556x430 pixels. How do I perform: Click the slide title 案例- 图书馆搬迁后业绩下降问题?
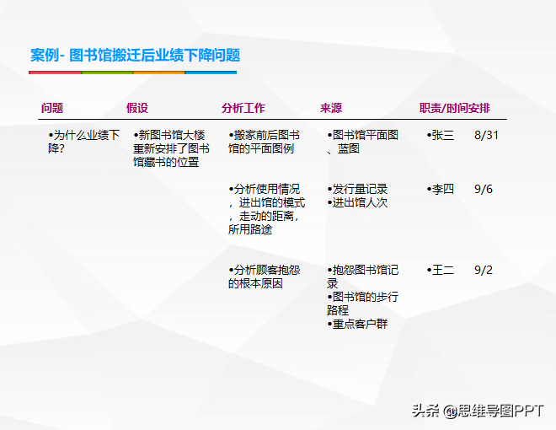135,56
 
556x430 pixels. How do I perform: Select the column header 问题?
52,108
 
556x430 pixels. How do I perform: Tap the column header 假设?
137,108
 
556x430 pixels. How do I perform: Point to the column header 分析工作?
243,108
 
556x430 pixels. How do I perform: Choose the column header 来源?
331,108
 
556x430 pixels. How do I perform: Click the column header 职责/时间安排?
455,108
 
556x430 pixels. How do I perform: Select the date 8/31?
487,135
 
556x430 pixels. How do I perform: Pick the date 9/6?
484,189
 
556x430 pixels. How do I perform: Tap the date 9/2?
484,270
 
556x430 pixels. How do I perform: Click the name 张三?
443,135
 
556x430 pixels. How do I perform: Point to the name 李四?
443,189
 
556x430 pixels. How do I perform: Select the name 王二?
443,270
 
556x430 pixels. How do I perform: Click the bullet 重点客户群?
357,324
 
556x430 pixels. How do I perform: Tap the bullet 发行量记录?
357,189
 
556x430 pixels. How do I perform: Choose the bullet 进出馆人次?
357,202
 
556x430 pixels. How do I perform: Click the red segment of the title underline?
55,73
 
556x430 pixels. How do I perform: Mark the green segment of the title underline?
107,73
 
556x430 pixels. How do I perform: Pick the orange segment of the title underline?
159,73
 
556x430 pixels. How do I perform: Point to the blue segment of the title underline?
211,73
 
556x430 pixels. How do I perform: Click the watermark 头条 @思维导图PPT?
478,411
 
